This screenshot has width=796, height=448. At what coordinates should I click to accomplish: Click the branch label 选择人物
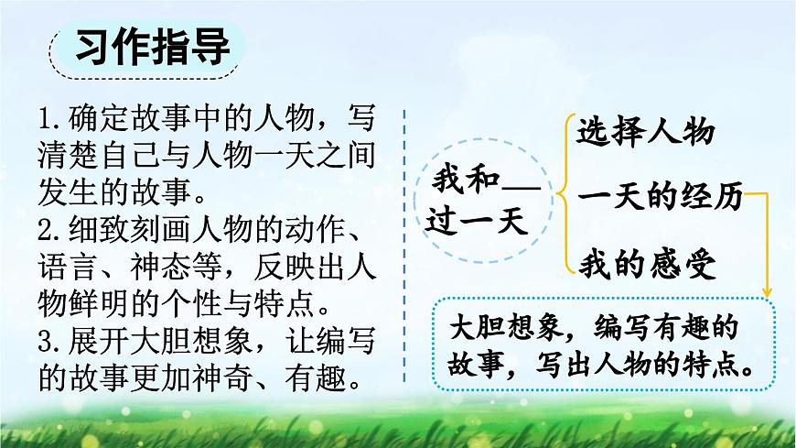pos(645,132)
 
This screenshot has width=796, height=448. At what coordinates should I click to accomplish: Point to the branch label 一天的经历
pos(659,198)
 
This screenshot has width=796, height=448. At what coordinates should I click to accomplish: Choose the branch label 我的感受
pos(645,265)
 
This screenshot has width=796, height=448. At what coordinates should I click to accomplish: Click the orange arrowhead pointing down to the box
pos(766,291)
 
